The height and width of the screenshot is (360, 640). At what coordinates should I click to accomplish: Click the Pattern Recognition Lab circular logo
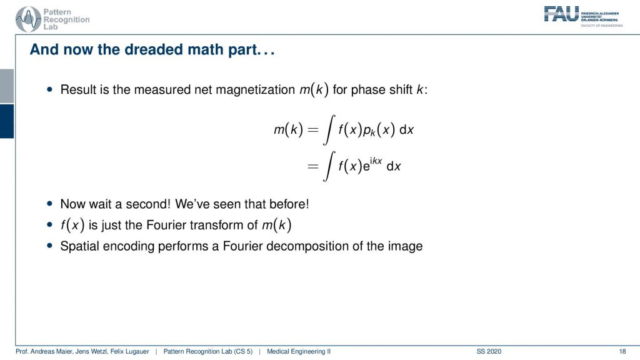click(28, 19)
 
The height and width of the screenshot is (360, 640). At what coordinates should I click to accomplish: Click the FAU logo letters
click(562, 14)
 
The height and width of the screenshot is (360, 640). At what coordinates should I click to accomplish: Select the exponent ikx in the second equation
click(376, 161)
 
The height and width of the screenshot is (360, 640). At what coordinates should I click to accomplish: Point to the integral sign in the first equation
click(329, 130)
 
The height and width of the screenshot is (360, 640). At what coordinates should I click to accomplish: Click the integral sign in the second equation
click(329, 166)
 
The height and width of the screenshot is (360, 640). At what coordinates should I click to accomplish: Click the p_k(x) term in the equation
click(378, 130)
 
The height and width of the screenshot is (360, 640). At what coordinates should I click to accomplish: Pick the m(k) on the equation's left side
click(288, 130)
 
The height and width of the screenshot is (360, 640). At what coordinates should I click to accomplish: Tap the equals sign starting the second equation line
click(312, 166)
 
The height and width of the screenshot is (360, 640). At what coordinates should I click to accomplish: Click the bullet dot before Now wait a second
click(50, 203)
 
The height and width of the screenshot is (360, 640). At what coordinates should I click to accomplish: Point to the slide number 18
click(622, 351)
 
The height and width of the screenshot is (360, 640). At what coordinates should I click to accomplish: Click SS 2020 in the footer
click(489, 351)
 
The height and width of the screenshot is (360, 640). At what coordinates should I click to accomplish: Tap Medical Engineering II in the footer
click(298, 351)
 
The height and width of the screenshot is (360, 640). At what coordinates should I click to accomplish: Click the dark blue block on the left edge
click(7, 121)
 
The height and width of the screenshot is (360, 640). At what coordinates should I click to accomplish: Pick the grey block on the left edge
click(7, 86)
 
